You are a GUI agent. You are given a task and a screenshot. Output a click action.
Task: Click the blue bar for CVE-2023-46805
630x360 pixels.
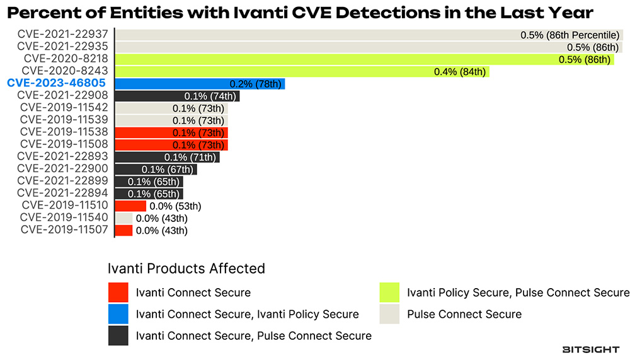[x=200, y=83]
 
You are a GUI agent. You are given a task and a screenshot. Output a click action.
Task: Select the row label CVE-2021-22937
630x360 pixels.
[x=62, y=35]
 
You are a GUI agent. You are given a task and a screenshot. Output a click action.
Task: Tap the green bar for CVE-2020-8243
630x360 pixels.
[x=302, y=71]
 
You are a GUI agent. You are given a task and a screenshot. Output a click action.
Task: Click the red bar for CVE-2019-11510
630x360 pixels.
[x=130, y=206]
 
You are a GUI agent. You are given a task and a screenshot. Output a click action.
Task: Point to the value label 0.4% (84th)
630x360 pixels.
[x=460, y=72]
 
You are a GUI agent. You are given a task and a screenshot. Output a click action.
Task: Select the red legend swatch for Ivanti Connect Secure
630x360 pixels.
[x=118, y=293]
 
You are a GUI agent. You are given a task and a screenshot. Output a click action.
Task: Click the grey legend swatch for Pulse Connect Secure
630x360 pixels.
[x=389, y=314]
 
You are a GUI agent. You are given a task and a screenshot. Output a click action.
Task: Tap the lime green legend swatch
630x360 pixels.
[x=389, y=293]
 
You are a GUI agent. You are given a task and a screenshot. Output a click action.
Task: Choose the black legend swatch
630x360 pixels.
[x=118, y=335]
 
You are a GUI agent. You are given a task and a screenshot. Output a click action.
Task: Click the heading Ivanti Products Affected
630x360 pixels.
[x=186, y=268]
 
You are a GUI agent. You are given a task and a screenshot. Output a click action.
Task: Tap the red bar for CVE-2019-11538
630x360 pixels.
[x=171, y=132]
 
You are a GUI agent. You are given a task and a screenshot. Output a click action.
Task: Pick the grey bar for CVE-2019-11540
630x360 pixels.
[x=123, y=218]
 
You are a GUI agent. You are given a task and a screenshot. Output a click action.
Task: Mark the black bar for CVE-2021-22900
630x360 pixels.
[x=156, y=169]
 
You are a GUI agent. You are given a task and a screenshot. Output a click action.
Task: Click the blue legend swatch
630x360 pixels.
[x=118, y=314]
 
